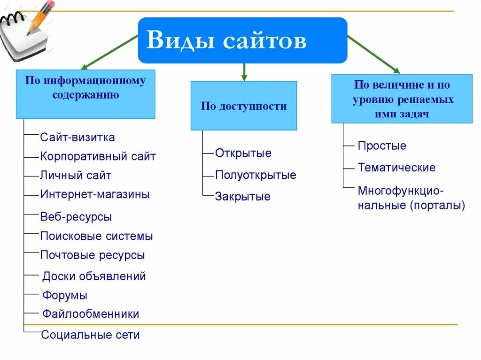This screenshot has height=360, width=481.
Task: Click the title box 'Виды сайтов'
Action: pos(242,40)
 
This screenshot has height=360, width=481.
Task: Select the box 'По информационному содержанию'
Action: pos(85,94)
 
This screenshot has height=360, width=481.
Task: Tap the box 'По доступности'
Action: pos(244,106)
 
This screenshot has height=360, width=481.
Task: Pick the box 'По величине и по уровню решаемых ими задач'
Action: pos(402,99)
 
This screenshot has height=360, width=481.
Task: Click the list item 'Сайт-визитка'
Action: pos(78,138)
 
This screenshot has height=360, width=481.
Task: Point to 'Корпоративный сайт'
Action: pos(98,156)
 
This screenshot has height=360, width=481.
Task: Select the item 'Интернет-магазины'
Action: pos(95,194)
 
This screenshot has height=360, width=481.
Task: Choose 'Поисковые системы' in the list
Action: pos(96,236)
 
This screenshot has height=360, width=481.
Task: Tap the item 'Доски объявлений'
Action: pos(94,276)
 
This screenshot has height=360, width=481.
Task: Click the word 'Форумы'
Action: pos(65,296)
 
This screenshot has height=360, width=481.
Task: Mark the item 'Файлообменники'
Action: pos(91,314)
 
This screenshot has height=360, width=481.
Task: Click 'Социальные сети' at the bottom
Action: pos(90,335)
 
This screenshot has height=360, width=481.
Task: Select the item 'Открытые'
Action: pos(243,153)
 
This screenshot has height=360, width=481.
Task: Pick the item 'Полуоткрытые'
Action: pos(256,175)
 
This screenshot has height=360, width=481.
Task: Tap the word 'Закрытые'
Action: pos(243,197)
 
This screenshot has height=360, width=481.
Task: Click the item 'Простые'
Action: pos(382,146)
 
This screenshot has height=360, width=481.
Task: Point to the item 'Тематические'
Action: pos(396,168)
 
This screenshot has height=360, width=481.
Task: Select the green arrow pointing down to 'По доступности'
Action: pos(244,71)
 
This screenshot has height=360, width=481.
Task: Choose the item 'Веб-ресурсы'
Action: pos(76,217)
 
